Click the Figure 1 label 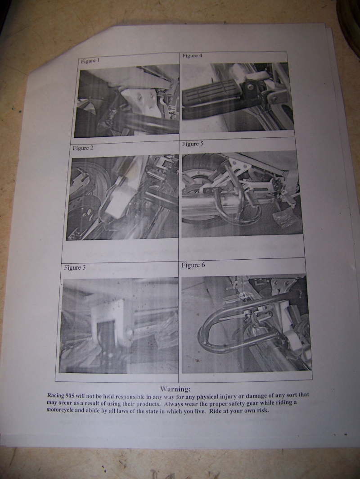click(x=90, y=61)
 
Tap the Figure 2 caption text click(x=83, y=148)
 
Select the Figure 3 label click(x=75, y=267)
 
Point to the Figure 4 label click(x=192, y=56)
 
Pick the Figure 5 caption click(x=192, y=144)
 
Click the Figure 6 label click(x=193, y=265)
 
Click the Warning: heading click(x=175, y=389)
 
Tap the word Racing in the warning click(x=55, y=395)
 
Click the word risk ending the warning click(x=264, y=410)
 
